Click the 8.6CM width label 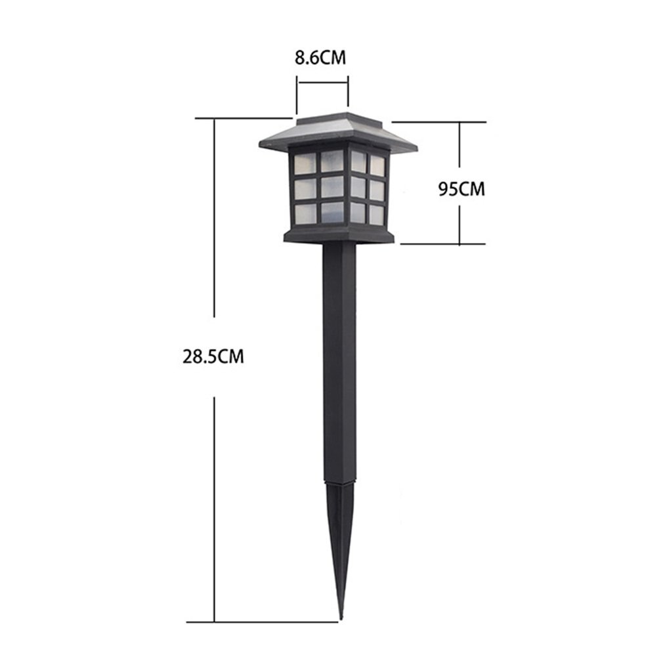click(320, 58)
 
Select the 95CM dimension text click(461, 189)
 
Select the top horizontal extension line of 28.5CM click(243, 118)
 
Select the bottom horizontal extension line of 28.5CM click(263, 622)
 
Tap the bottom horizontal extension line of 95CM click(443, 244)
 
